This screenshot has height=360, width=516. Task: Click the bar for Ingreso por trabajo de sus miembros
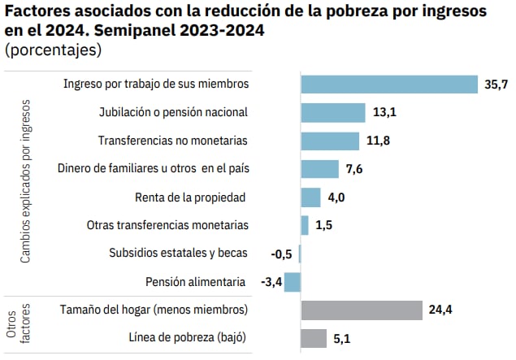tap(388, 85)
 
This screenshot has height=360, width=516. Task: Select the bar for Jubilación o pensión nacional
tap(333, 112)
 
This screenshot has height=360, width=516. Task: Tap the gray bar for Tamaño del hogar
tap(362, 310)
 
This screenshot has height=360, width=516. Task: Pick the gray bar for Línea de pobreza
tap(314, 338)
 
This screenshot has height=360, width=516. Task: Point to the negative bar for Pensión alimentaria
tap(293, 282)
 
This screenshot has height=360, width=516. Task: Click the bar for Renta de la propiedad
tap(310, 197)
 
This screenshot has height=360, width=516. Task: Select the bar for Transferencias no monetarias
tap(330, 141)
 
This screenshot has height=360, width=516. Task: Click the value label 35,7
tap(496, 85)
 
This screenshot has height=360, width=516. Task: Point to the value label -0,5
tap(281, 254)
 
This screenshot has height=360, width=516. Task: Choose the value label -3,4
tap(270, 282)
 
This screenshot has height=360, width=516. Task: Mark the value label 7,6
tap(353, 169)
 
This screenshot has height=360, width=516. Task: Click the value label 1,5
tap(323, 225)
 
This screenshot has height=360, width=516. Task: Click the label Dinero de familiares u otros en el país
tap(153, 169)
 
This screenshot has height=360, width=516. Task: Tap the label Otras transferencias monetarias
tap(167, 225)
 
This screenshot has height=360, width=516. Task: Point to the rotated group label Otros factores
tap(17, 323)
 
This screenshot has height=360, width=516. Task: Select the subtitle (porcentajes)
tap(53, 50)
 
